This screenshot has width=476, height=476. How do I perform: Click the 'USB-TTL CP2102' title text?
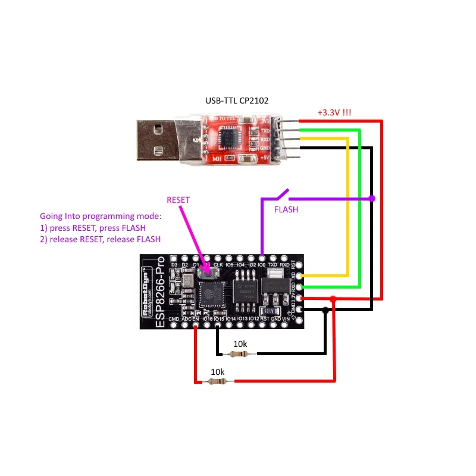point(237,101)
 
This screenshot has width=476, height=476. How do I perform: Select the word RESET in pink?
point(178,200)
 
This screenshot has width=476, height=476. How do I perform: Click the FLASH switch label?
point(286,210)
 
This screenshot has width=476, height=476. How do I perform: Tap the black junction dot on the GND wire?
point(325,310)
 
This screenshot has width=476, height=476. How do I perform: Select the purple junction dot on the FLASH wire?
point(372,198)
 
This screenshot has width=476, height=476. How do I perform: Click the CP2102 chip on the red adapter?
point(229,138)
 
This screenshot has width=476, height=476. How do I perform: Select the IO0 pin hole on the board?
point(261,258)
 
